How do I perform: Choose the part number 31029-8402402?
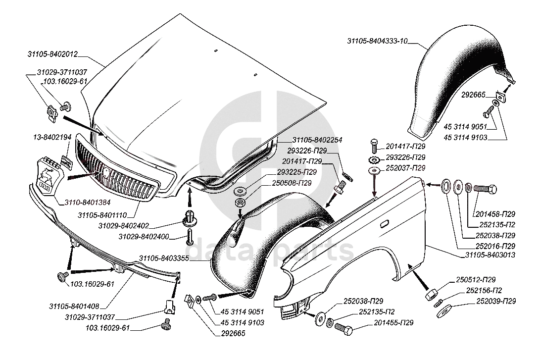tap(123, 226)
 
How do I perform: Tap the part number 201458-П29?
tap(495, 214)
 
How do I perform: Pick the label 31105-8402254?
tap(317, 140)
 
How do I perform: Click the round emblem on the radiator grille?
tap(105, 173)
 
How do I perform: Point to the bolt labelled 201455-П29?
tap(342, 327)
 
